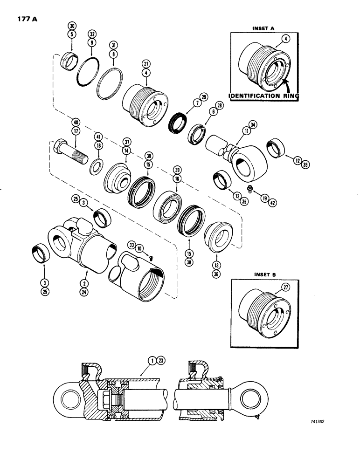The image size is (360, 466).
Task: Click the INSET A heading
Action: [x=263, y=28]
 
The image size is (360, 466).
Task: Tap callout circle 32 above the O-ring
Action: [x=91, y=34]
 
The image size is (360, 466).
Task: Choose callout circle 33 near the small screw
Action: [x=132, y=245]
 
